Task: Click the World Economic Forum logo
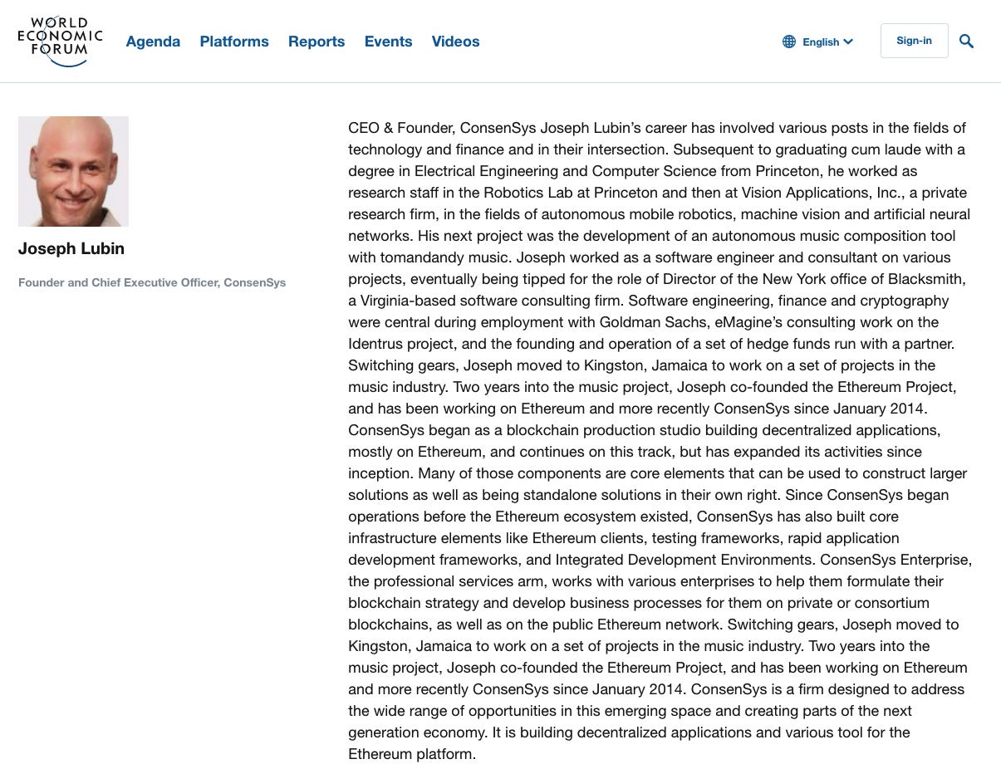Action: [x=60, y=41]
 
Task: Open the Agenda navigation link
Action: [x=153, y=42]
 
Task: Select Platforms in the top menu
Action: [x=234, y=42]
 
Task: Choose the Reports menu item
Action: [x=316, y=42]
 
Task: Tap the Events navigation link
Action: [x=388, y=42]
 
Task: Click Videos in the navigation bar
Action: [x=455, y=42]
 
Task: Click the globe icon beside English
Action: [x=789, y=42]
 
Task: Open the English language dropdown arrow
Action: [x=848, y=42]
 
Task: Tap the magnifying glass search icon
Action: [x=966, y=41]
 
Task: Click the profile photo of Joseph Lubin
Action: [x=73, y=171]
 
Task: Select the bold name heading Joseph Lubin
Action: [x=71, y=248]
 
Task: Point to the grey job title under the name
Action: [x=152, y=282]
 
